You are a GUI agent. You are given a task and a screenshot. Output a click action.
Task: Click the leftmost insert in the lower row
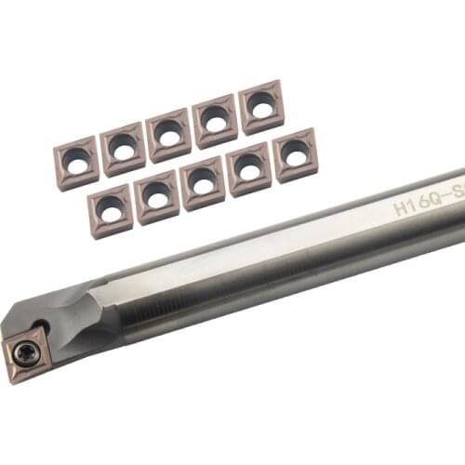(111, 210)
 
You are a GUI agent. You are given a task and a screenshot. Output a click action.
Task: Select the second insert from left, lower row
(156, 196)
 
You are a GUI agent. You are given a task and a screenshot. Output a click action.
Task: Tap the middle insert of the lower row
(203, 181)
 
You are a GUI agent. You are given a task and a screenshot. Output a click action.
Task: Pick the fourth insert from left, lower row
(249, 168)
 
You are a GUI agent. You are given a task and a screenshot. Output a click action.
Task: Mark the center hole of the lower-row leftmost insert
(111, 210)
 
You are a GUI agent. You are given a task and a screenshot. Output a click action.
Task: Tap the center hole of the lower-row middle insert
(203, 182)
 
